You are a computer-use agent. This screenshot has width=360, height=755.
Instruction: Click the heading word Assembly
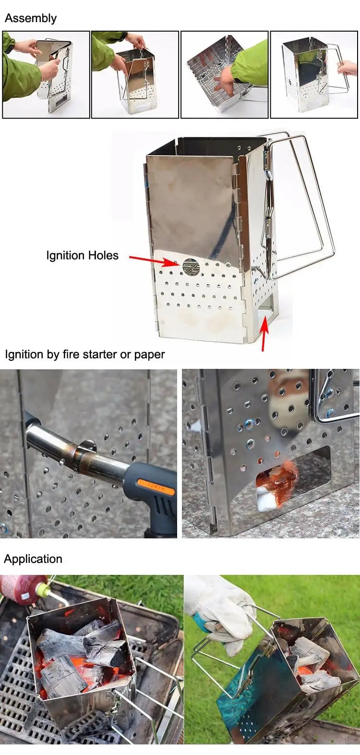(x=31, y=18)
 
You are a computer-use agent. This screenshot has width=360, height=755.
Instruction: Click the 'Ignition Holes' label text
(x=82, y=256)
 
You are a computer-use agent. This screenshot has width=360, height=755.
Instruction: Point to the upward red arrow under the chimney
(x=264, y=334)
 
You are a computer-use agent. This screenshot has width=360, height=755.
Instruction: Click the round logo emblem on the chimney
(x=190, y=267)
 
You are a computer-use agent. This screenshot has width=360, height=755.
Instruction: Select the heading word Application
(x=33, y=559)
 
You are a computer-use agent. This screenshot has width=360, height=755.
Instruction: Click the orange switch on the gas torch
(x=156, y=486)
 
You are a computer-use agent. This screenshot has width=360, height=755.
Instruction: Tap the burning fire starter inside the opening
(x=276, y=483)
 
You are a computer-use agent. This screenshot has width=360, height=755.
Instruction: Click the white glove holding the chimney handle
(x=221, y=610)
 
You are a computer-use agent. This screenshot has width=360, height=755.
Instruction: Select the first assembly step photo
(x=46, y=74)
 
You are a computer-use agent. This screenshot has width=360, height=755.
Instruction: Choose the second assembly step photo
(x=135, y=74)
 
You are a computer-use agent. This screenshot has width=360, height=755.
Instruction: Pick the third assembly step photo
(x=224, y=74)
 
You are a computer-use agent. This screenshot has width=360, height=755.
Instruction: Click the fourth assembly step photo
(x=314, y=74)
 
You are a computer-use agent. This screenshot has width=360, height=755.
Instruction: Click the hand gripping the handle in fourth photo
(x=348, y=68)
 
